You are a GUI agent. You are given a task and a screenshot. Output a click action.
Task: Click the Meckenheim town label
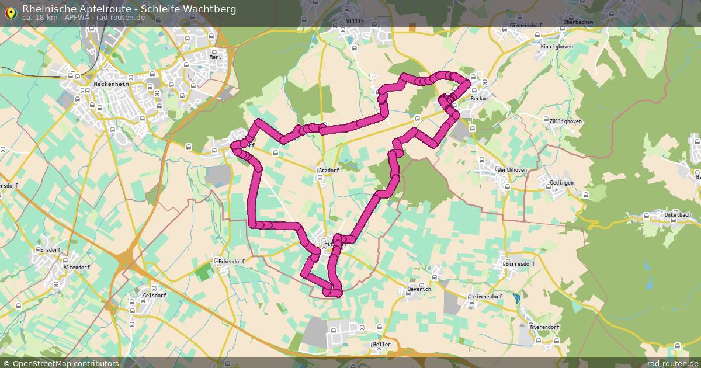point(111,84)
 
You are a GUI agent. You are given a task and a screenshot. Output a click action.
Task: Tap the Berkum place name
point(480,99)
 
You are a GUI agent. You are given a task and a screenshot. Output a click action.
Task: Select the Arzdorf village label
point(329,171)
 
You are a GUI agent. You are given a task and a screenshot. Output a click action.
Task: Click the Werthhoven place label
point(511,170)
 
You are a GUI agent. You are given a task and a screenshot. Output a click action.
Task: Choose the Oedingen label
point(562,183)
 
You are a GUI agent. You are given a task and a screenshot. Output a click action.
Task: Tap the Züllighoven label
point(565,121)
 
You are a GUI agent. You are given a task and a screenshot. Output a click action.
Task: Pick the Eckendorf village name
point(231,262)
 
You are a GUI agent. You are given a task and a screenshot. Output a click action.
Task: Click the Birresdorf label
point(520,264)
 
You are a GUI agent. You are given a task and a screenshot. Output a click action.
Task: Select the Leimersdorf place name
point(486,297)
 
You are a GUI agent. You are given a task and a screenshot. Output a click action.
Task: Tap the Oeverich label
point(419,289)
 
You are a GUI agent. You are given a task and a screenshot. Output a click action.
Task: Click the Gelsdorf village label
point(154,296)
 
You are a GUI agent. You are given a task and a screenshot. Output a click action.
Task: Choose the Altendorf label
point(77,268)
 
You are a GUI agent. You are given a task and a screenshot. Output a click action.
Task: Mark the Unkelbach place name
point(678,215)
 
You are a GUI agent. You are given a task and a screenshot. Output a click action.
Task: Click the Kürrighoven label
point(557,46)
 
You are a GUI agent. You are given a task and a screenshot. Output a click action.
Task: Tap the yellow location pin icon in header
point(11,13)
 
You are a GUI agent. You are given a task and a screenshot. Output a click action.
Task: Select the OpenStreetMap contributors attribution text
point(65,363)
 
